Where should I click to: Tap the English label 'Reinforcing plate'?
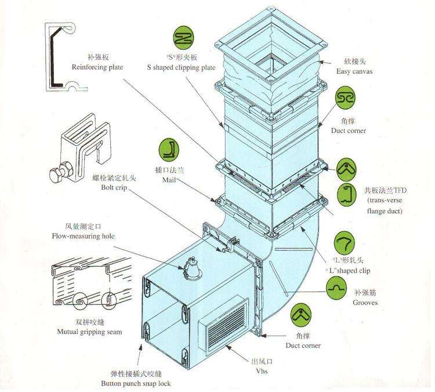point(97,68)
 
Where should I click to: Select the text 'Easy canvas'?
point(354,71)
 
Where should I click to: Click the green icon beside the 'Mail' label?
point(170,150)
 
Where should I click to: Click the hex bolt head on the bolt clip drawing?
point(56,174)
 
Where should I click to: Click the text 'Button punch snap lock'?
point(136,384)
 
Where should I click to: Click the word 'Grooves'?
point(365,303)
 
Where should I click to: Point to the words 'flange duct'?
point(385,211)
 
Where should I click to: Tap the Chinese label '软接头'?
point(354,61)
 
